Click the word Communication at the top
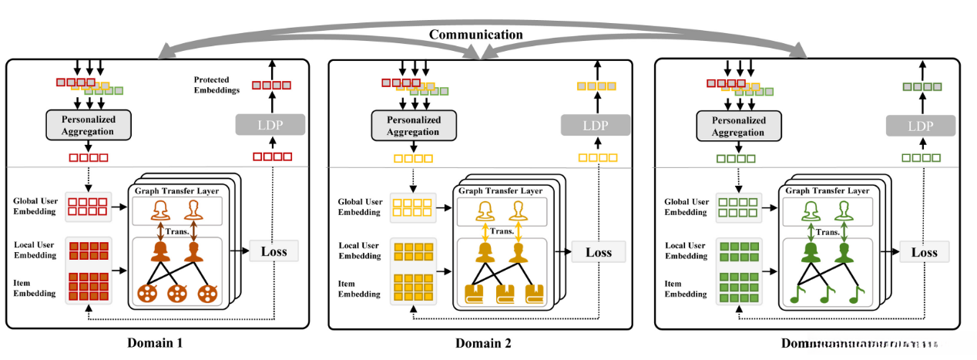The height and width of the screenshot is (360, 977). (x=475, y=35)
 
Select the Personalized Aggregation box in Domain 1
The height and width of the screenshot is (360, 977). (x=89, y=124)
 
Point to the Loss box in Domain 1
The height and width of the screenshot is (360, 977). (x=274, y=251)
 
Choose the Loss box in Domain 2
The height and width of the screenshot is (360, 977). (x=598, y=252)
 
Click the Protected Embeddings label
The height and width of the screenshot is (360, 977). (x=218, y=85)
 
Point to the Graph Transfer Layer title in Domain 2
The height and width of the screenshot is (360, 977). (x=500, y=190)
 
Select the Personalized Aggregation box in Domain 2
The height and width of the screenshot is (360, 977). (x=414, y=125)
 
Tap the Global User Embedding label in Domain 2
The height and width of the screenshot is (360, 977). (x=360, y=207)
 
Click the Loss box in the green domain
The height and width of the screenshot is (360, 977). (x=925, y=252)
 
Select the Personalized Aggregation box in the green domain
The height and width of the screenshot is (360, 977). (x=739, y=126)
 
